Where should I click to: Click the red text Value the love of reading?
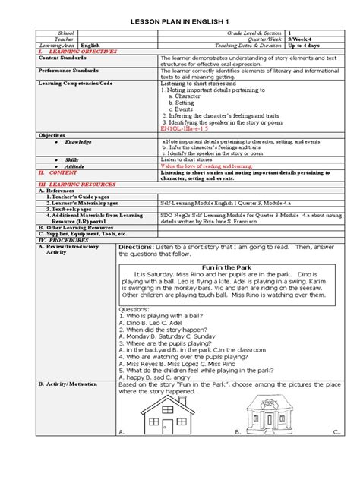click(204, 165)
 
